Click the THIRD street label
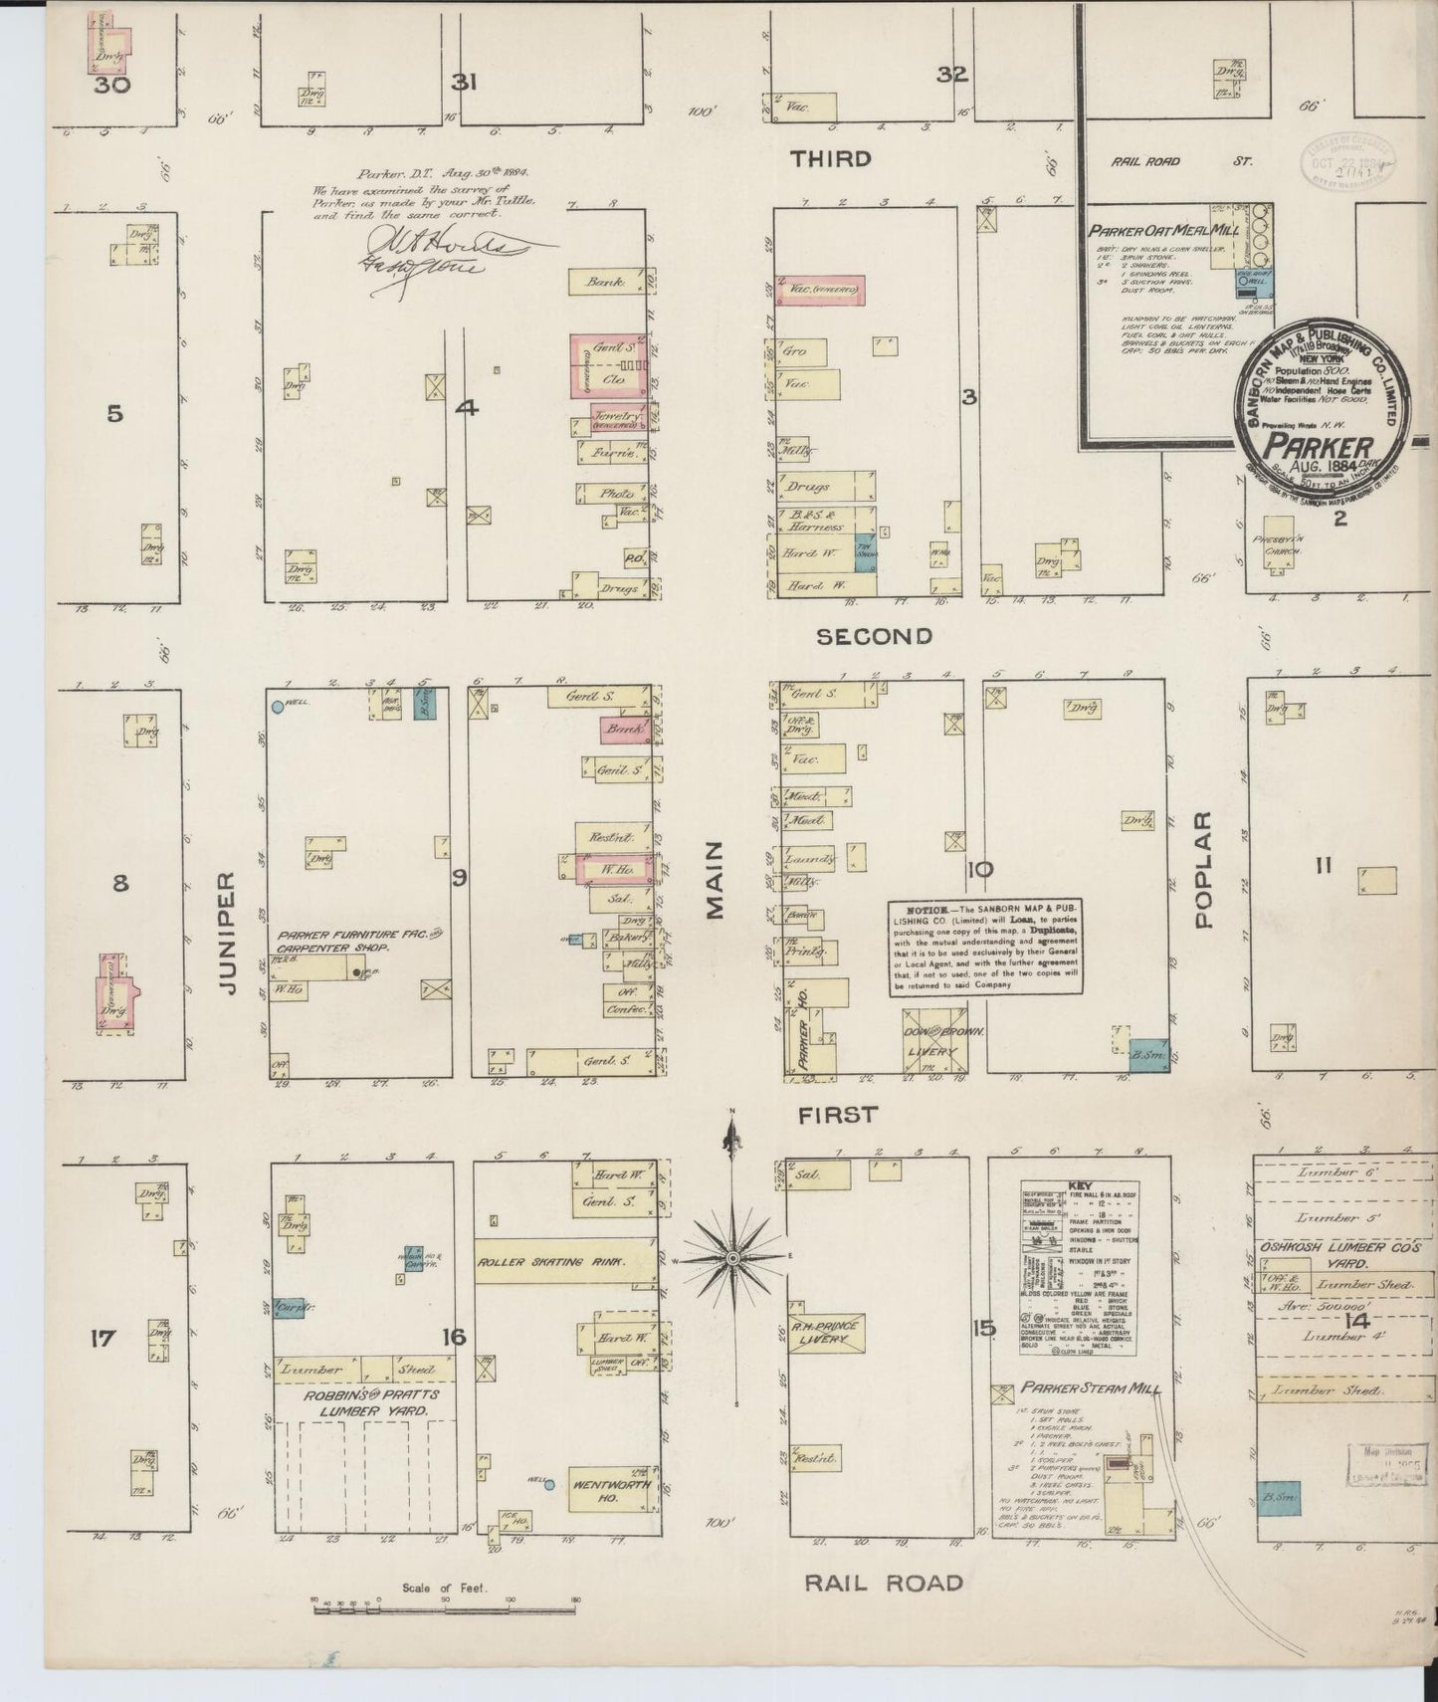(x=831, y=159)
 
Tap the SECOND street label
(x=874, y=636)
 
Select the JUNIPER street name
(x=226, y=934)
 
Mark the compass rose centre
(x=732, y=1259)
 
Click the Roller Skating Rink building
(x=564, y=1261)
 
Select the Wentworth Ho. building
(x=611, y=1491)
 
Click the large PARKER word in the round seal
(x=1320, y=447)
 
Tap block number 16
(x=454, y=1336)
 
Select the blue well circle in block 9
(x=277, y=707)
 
